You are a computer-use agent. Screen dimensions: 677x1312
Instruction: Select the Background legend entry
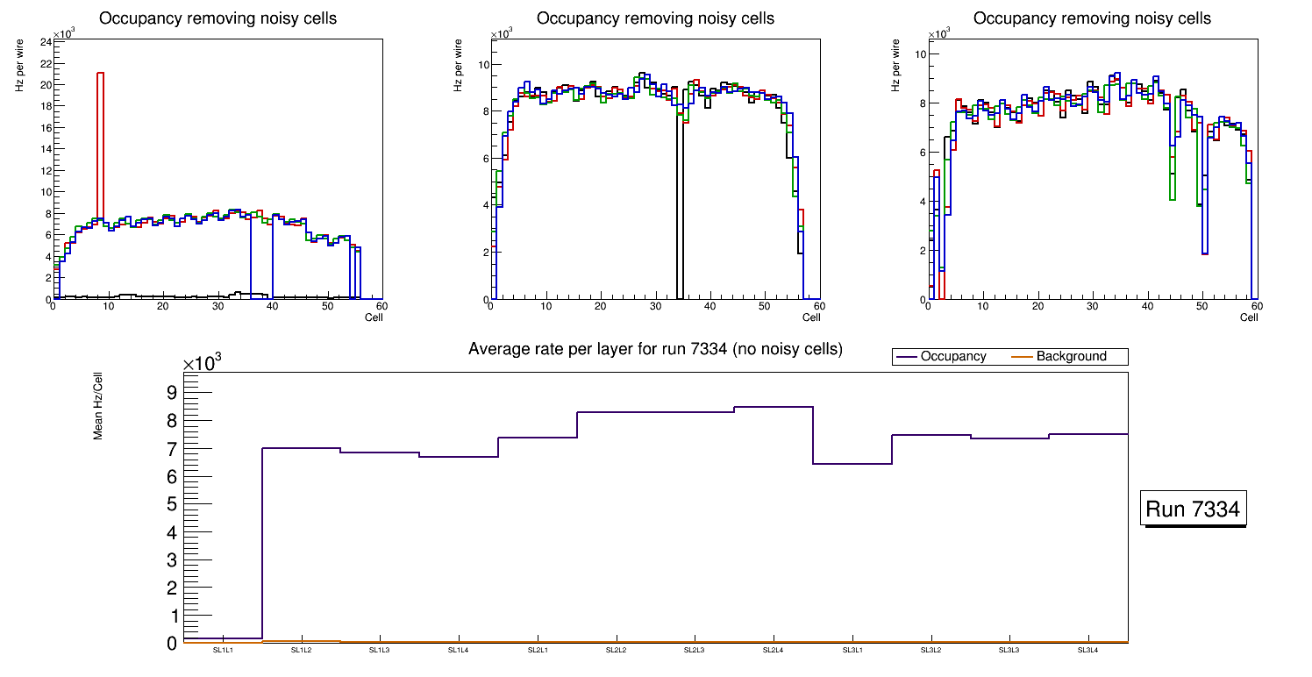(x=1071, y=357)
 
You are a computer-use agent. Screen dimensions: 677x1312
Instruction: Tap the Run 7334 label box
(x=1194, y=510)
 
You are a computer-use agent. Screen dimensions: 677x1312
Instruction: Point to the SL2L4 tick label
(x=773, y=650)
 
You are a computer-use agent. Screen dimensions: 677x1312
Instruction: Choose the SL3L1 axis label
(x=852, y=650)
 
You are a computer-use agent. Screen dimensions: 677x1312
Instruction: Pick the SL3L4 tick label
(x=1087, y=650)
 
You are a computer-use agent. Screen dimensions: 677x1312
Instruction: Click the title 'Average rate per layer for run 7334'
(x=655, y=349)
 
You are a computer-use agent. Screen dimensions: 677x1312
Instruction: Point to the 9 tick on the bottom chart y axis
(x=171, y=392)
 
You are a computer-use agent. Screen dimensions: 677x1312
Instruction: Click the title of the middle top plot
(x=655, y=18)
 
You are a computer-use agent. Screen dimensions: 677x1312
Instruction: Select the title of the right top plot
(x=1092, y=18)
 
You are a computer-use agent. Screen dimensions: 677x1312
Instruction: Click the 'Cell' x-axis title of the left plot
(x=374, y=317)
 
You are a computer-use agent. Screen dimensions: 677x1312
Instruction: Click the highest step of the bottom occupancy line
(x=773, y=407)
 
